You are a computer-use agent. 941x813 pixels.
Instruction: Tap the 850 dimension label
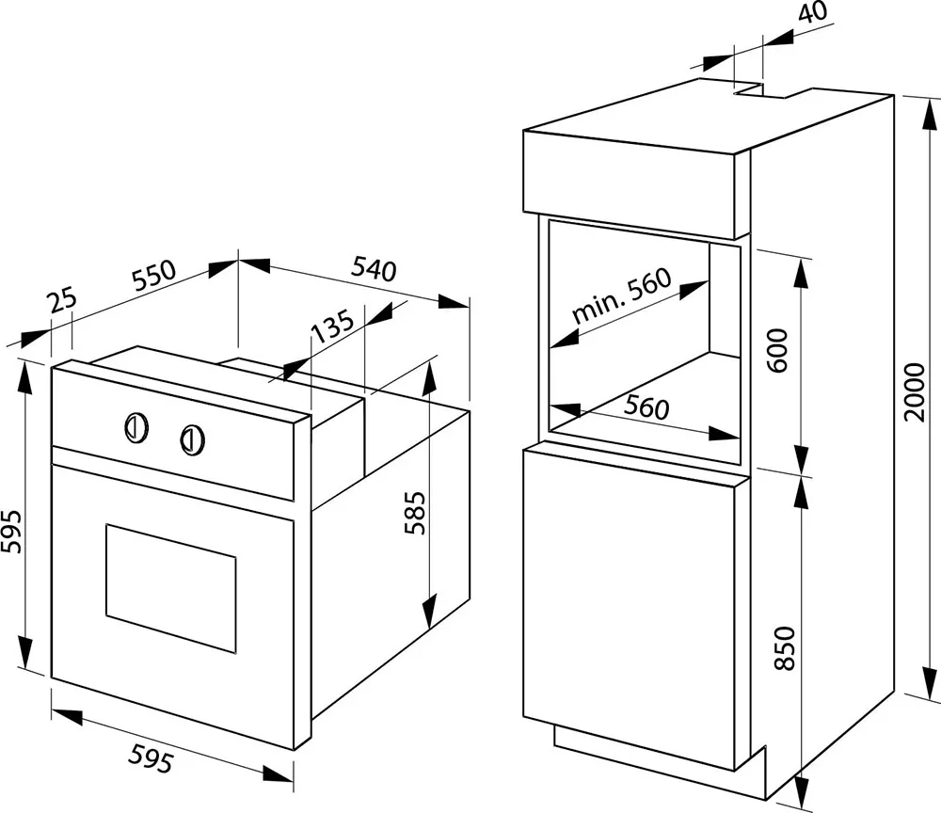(785, 648)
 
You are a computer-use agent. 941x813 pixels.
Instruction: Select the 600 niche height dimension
(777, 350)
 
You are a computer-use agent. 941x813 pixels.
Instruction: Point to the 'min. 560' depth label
(620, 295)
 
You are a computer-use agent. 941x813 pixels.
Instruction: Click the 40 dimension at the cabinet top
(813, 10)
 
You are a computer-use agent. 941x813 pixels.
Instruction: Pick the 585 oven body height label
(415, 513)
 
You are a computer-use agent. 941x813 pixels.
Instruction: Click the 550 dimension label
(154, 275)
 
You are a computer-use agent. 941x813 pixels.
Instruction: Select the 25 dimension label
(63, 299)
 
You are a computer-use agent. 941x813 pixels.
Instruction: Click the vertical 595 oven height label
(11, 532)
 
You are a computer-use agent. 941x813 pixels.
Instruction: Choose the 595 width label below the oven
(152, 757)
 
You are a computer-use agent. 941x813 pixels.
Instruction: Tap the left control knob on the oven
(136, 428)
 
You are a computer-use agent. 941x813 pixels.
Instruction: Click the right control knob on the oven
(192, 439)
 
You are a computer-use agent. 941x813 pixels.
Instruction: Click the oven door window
(171, 589)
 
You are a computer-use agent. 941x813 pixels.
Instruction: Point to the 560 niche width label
(646, 407)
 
